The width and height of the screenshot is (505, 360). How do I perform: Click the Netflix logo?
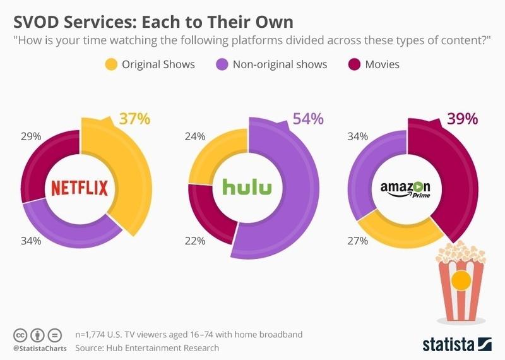pos(80,188)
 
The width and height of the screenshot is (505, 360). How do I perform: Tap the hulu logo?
pos(247,188)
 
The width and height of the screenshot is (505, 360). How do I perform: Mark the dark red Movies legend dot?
pos(353,64)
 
